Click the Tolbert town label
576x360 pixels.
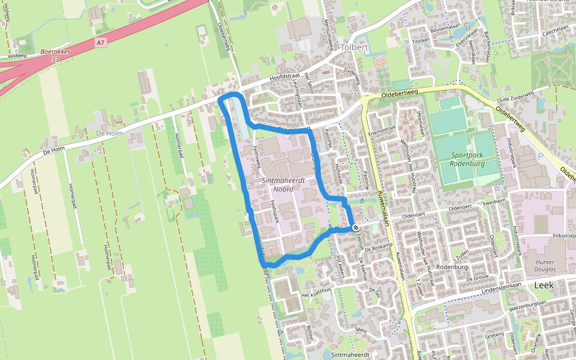point(353,47)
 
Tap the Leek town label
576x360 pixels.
point(544,286)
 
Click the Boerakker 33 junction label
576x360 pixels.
point(55,56)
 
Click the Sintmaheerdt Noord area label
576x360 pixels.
point(284,184)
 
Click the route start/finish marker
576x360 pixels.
point(355,228)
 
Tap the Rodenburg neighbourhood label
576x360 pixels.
point(452,268)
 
